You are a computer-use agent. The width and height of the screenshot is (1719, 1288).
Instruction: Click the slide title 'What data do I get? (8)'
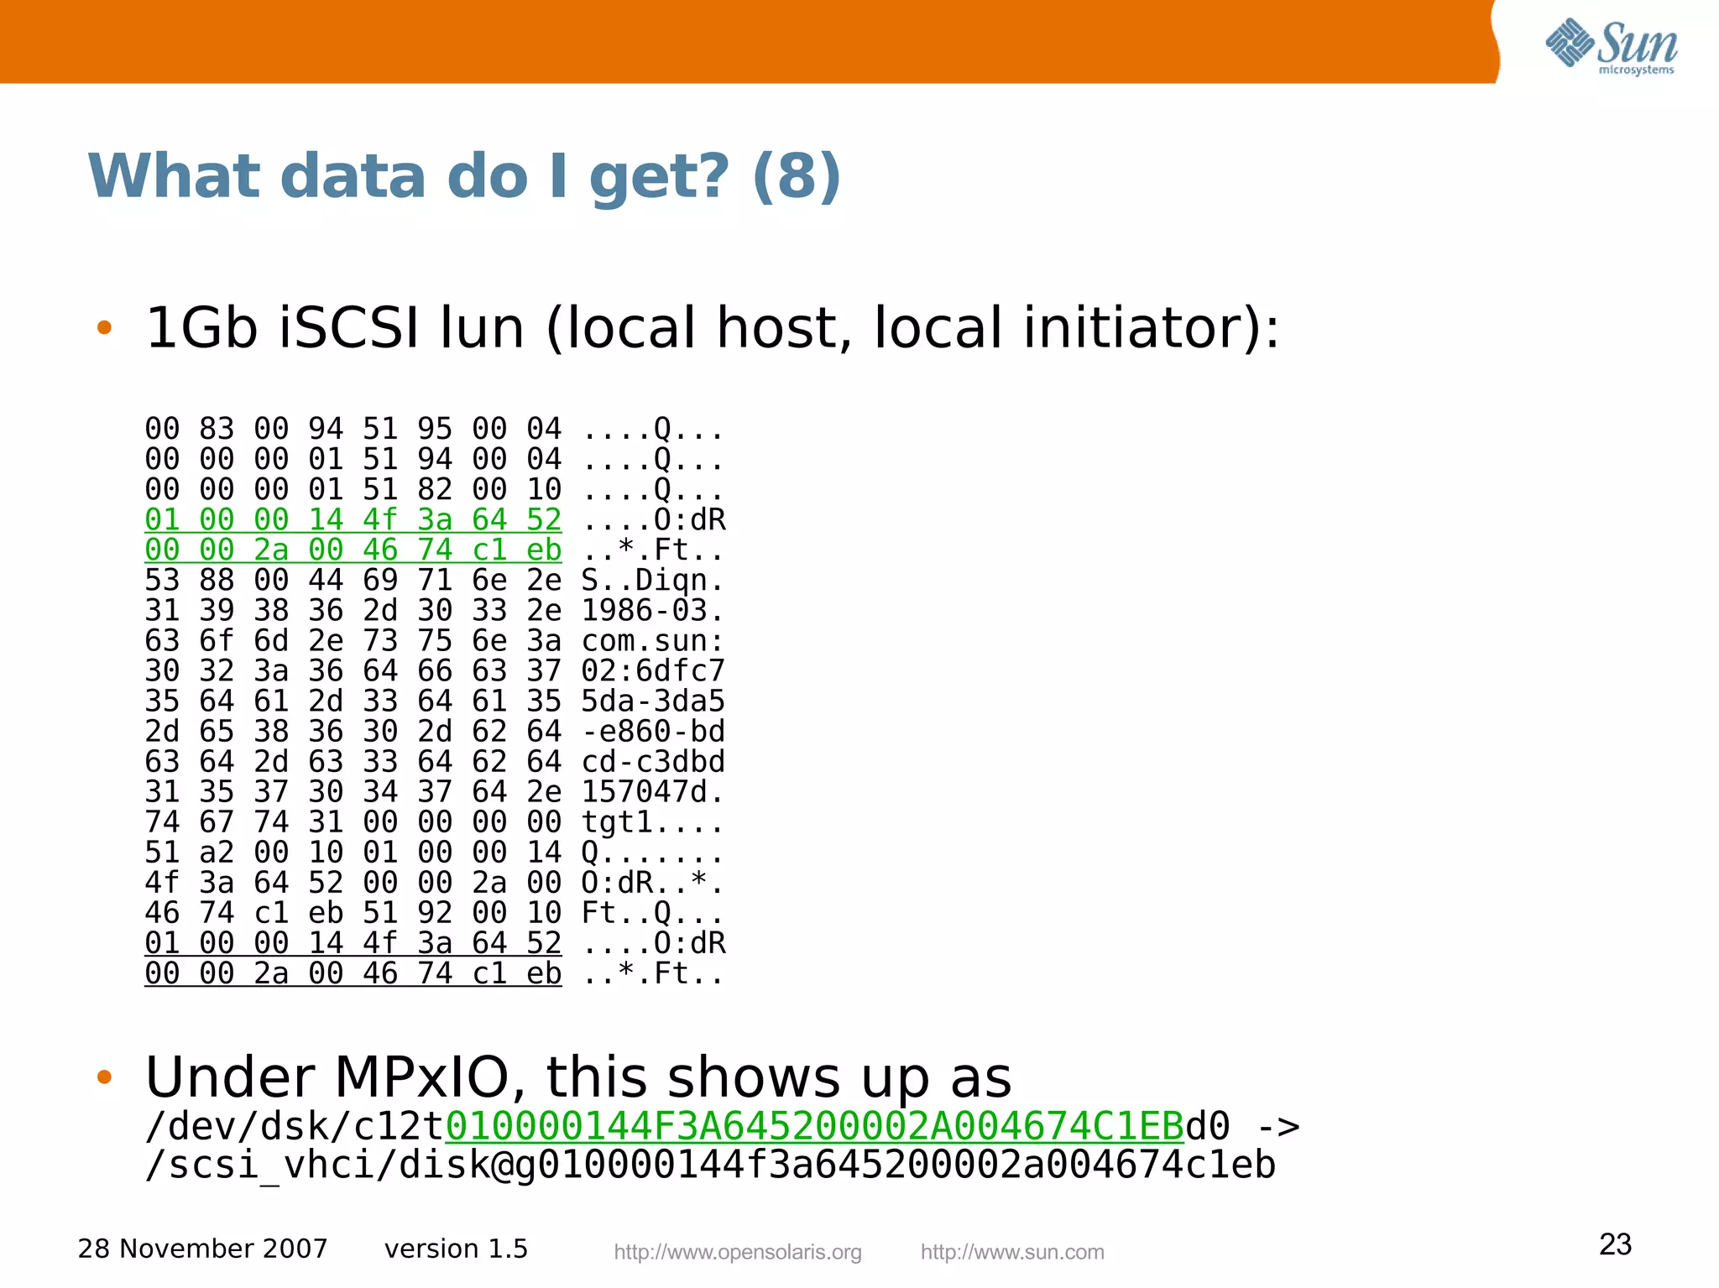coord(464,176)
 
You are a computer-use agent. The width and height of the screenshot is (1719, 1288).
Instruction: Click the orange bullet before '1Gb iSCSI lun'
coord(104,327)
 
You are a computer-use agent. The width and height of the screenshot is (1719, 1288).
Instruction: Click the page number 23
coord(1615,1244)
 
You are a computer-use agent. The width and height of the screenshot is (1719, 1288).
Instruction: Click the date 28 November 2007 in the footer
coord(202,1249)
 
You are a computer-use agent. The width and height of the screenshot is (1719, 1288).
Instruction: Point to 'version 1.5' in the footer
coord(456,1249)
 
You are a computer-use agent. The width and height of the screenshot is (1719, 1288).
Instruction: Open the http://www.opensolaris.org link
coord(738,1252)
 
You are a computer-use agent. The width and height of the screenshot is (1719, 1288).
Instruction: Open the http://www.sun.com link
coord(1012,1252)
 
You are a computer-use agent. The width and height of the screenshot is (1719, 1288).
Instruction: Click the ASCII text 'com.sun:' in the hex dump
coord(652,641)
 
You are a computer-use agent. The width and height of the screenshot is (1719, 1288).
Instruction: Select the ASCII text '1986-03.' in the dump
coord(652,611)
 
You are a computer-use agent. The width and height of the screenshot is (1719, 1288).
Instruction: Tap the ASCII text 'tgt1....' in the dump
coord(652,822)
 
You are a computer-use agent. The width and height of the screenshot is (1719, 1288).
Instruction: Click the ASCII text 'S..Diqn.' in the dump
coord(652,581)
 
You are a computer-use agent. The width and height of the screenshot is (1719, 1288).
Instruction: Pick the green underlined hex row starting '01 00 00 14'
coord(353,520)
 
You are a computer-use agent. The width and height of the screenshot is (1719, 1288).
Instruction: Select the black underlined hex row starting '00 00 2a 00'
coord(353,973)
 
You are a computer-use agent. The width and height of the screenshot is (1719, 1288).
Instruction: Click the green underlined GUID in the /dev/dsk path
coord(814,1126)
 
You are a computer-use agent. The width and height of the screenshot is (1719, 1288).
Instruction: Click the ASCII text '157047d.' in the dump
coord(652,792)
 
